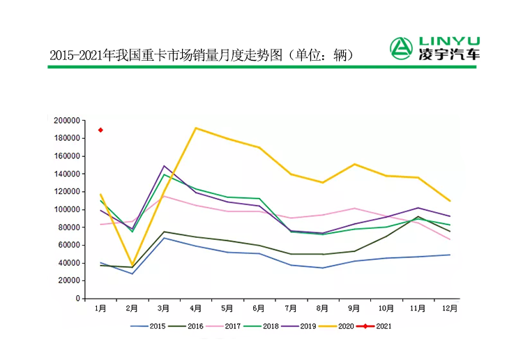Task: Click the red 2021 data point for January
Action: pyautogui.click(x=101, y=130)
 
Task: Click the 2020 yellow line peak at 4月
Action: pyautogui.click(x=196, y=128)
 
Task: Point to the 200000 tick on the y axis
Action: pyautogui.click(x=67, y=121)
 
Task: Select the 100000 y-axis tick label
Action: pyautogui.click(x=67, y=209)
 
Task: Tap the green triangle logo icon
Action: pyautogui.click(x=401, y=48)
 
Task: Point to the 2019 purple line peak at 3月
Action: pyautogui.click(x=164, y=166)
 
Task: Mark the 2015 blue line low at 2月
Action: pyautogui.click(x=132, y=273)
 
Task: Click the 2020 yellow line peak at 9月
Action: pyautogui.click(x=355, y=164)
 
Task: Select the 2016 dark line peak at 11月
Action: pyautogui.click(x=418, y=217)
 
